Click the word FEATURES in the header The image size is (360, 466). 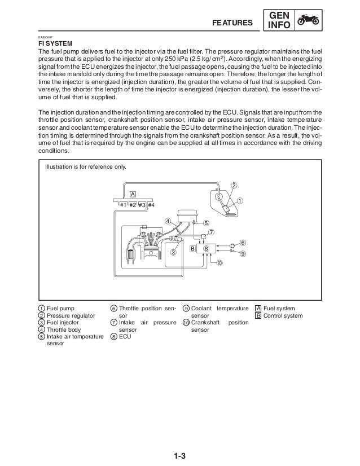(232, 23)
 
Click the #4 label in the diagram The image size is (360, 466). (151, 204)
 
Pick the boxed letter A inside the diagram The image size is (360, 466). (133, 194)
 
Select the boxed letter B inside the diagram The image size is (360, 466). (192, 248)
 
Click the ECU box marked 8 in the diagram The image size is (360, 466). (207, 248)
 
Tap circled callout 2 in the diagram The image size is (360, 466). (232, 186)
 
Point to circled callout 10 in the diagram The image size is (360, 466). (219, 263)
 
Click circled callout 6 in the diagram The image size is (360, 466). (243, 242)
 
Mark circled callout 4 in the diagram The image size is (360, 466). (168, 220)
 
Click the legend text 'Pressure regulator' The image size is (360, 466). (71, 315)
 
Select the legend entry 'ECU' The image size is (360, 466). (124, 337)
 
